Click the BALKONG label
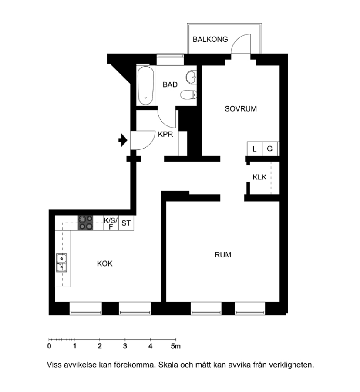(210, 39)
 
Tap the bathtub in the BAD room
(145, 85)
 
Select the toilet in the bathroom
(188, 95)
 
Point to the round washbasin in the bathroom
(192, 77)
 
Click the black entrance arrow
(123, 140)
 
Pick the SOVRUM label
(241, 109)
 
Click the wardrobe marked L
(255, 149)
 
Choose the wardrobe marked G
(270, 149)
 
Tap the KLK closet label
(259, 177)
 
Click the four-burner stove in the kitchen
(85, 223)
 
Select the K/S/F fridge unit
(111, 223)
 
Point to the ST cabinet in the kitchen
(126, 223)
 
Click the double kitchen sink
(61, 263)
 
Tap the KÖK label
(104, 264)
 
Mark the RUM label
(223, 255)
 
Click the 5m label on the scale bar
(175, 346)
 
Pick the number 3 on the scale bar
(125, 346)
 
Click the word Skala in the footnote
(168, 365)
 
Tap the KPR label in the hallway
(165, 134)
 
